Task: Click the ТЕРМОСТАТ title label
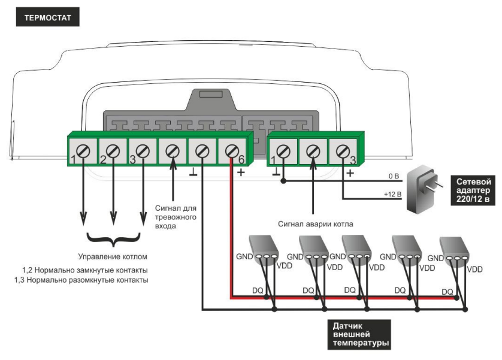pos(47,17)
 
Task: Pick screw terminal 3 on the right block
pos(343,151)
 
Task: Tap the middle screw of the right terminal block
pos(313,151)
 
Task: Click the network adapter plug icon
pos(423,190)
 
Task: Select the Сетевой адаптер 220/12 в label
pos(474,190)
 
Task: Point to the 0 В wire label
pos(394,176)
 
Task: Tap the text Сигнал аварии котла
pos(316,224)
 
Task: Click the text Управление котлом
pos(113,257)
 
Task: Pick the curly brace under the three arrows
pos(113,240)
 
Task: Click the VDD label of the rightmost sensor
pos(474,270)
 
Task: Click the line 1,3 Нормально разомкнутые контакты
pos(81,280)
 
